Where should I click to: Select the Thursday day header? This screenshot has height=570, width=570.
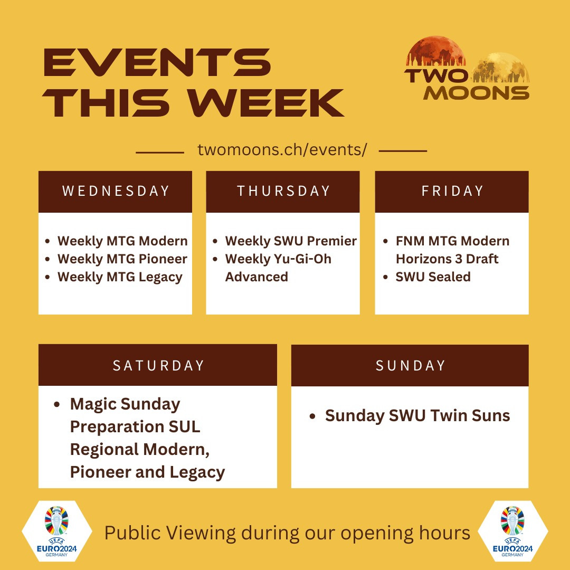(283, 191)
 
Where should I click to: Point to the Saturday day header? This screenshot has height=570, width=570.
(158, 365)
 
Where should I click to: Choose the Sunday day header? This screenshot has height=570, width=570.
(410, 365)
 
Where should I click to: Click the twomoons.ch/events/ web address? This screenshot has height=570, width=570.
(282, 150)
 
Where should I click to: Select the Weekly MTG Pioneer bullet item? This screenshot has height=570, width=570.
(122, 259)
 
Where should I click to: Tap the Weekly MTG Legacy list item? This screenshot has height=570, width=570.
(120, 278)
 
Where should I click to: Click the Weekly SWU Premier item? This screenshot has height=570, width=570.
(291, 241)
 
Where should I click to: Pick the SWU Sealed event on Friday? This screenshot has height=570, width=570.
(433, 277)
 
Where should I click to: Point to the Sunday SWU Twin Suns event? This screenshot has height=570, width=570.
(417, 415)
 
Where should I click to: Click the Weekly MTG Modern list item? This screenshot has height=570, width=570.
(122, 241)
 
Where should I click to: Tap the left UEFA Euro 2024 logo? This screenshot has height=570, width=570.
(56, 531)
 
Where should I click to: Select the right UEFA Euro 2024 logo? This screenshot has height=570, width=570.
(512, 531)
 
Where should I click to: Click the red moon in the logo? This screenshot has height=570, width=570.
(435, 51)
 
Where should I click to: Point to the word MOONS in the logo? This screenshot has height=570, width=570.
(476, 93)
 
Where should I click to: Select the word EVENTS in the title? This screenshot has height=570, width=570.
(157, 62)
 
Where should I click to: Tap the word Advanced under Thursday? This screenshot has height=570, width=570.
(256, 277)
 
